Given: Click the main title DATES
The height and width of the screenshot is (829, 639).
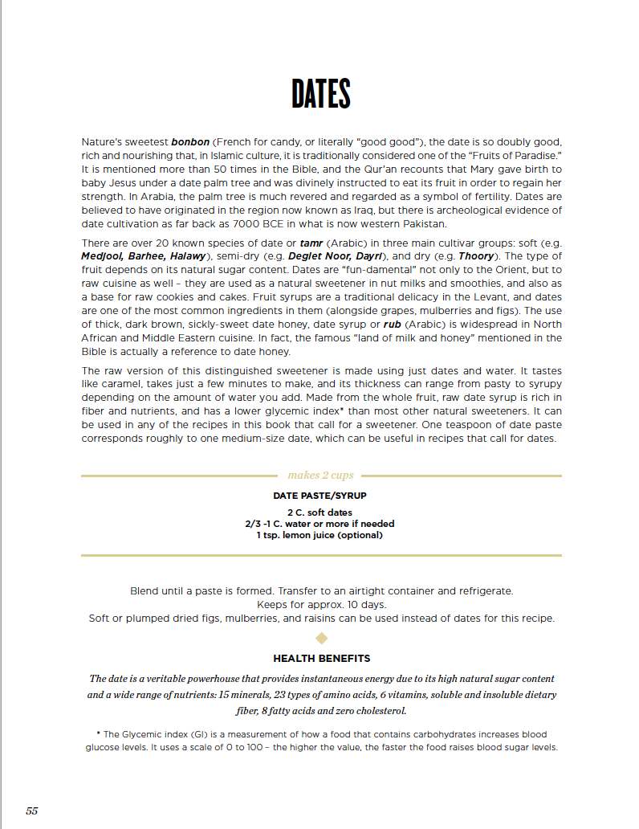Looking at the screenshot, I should pos(321,94).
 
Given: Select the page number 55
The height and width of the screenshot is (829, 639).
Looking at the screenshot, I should pos(32,811).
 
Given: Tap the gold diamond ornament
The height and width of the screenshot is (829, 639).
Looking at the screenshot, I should pos(321,639).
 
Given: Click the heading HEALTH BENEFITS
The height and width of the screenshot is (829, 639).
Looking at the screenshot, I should pos(321,659).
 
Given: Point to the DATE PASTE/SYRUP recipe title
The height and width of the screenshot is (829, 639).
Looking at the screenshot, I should pos(320,496).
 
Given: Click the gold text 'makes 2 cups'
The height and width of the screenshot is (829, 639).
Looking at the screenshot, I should pos(320,476).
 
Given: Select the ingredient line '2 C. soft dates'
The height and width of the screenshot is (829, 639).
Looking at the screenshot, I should pos(319,513).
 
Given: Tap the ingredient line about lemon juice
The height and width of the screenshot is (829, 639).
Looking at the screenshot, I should pos(319,535).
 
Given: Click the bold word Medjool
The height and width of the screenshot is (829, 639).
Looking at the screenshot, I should pos(101,256).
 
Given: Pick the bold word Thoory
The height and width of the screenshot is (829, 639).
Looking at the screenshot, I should pos(476,256).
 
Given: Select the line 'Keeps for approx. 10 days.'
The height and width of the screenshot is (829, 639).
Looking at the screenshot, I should pos(321,604).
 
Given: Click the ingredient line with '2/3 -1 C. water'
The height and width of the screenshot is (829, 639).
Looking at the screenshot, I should pos(319,524).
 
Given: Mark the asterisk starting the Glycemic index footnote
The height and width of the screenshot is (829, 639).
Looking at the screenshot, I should pos(97,733).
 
